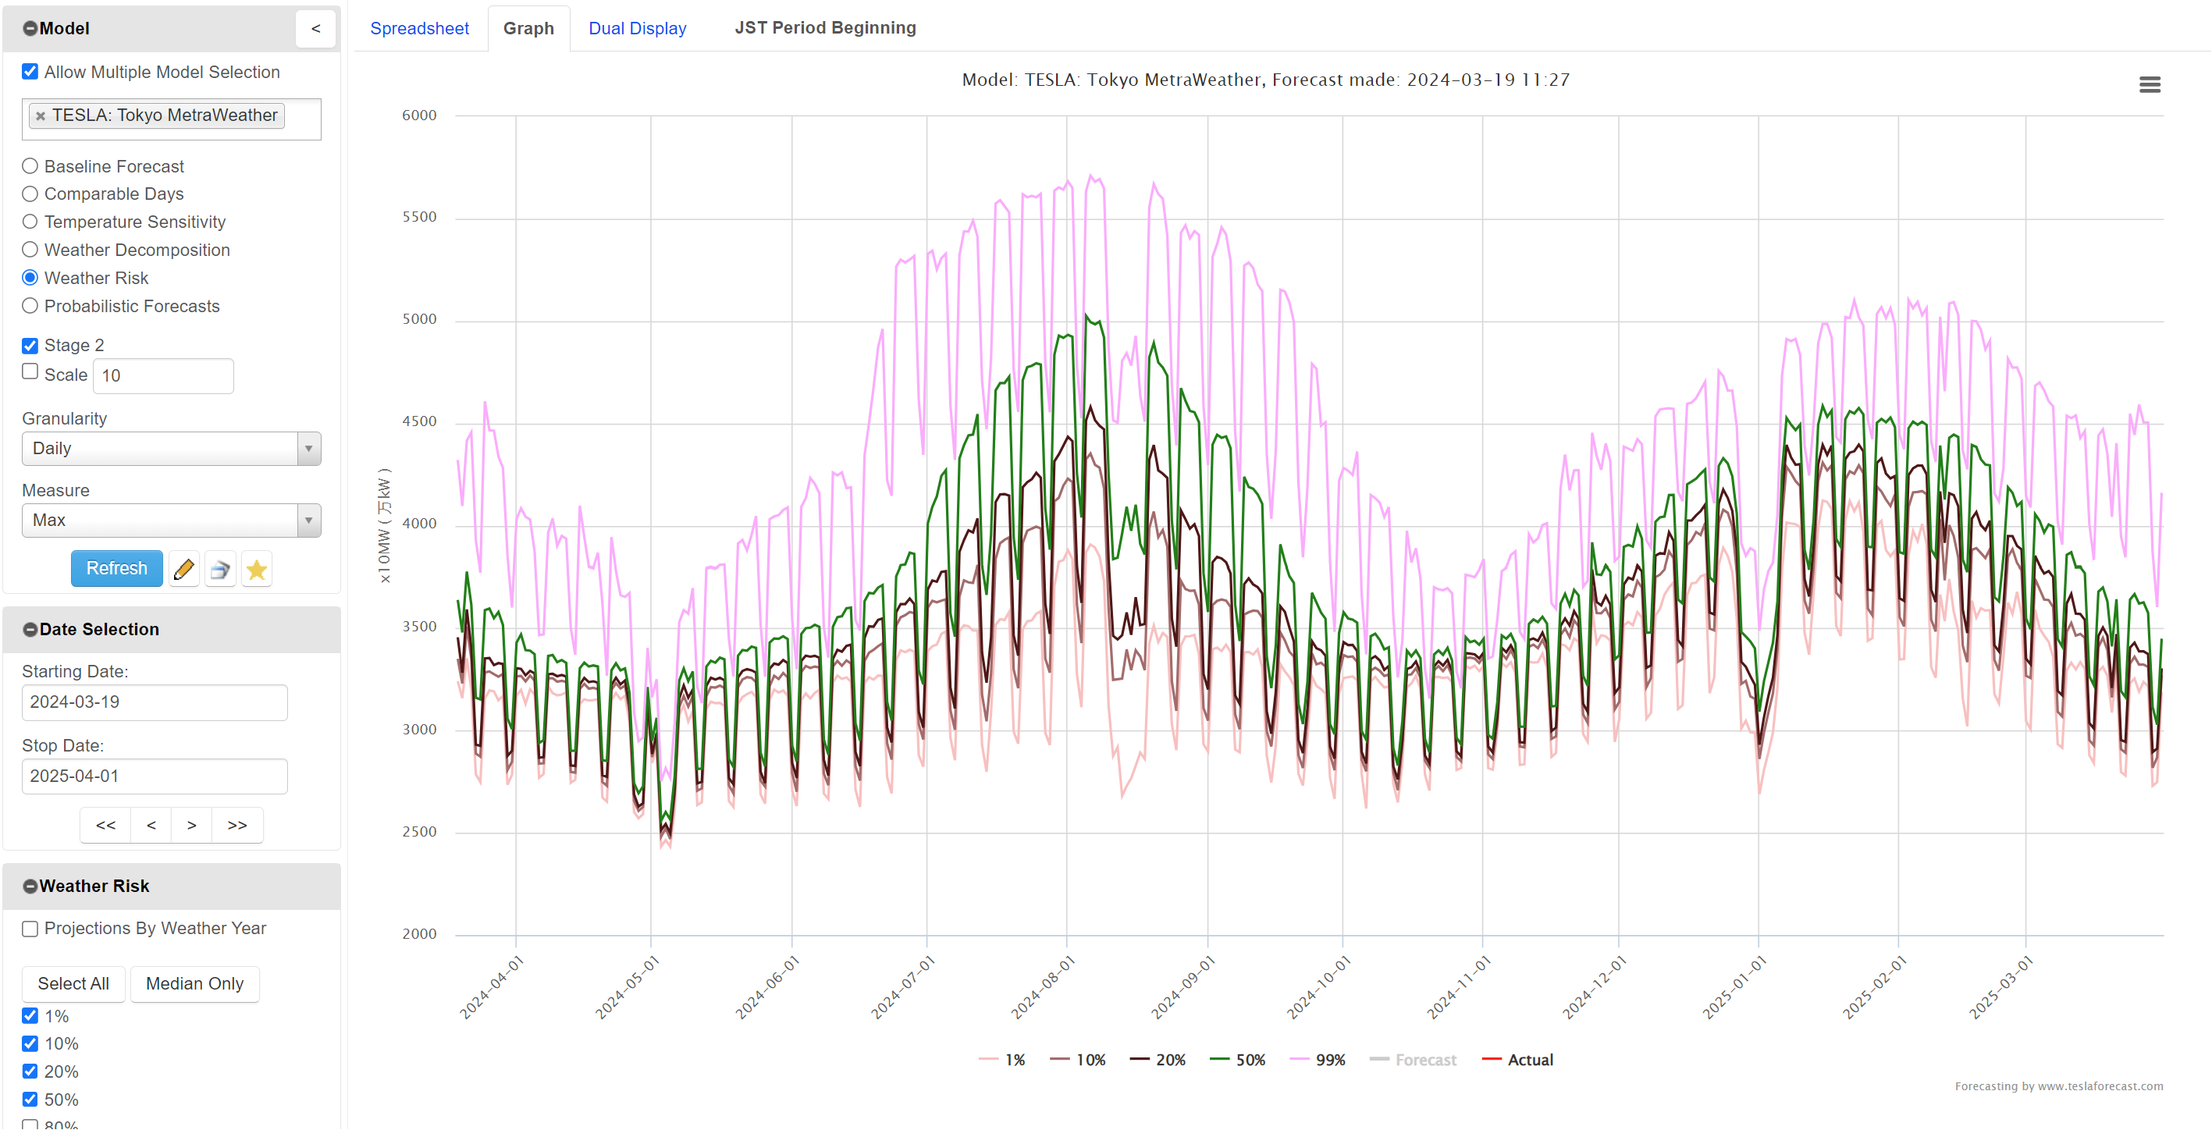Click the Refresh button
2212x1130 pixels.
[116, 568]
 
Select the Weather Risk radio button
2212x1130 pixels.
[30, 277]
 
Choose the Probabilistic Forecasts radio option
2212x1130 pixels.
[30, 306]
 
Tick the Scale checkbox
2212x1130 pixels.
[30, 371]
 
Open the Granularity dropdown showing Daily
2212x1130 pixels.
[171, 448]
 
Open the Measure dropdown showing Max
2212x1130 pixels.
[171, 521]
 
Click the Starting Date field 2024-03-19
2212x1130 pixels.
[155, 702]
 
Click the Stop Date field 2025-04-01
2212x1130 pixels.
[155, 776]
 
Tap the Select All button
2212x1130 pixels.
[73, 983]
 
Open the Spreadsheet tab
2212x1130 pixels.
[419, 28]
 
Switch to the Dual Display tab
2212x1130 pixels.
[637, 28]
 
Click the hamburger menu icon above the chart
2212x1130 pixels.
[2150, 84]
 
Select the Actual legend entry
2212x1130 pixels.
[1518, 1060]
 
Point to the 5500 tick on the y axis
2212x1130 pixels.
[419, 217]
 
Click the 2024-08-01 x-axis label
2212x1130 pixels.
[1044, 987]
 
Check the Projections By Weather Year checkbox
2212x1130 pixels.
[30, 928]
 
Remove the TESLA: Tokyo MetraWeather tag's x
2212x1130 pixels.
[41, 116]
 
